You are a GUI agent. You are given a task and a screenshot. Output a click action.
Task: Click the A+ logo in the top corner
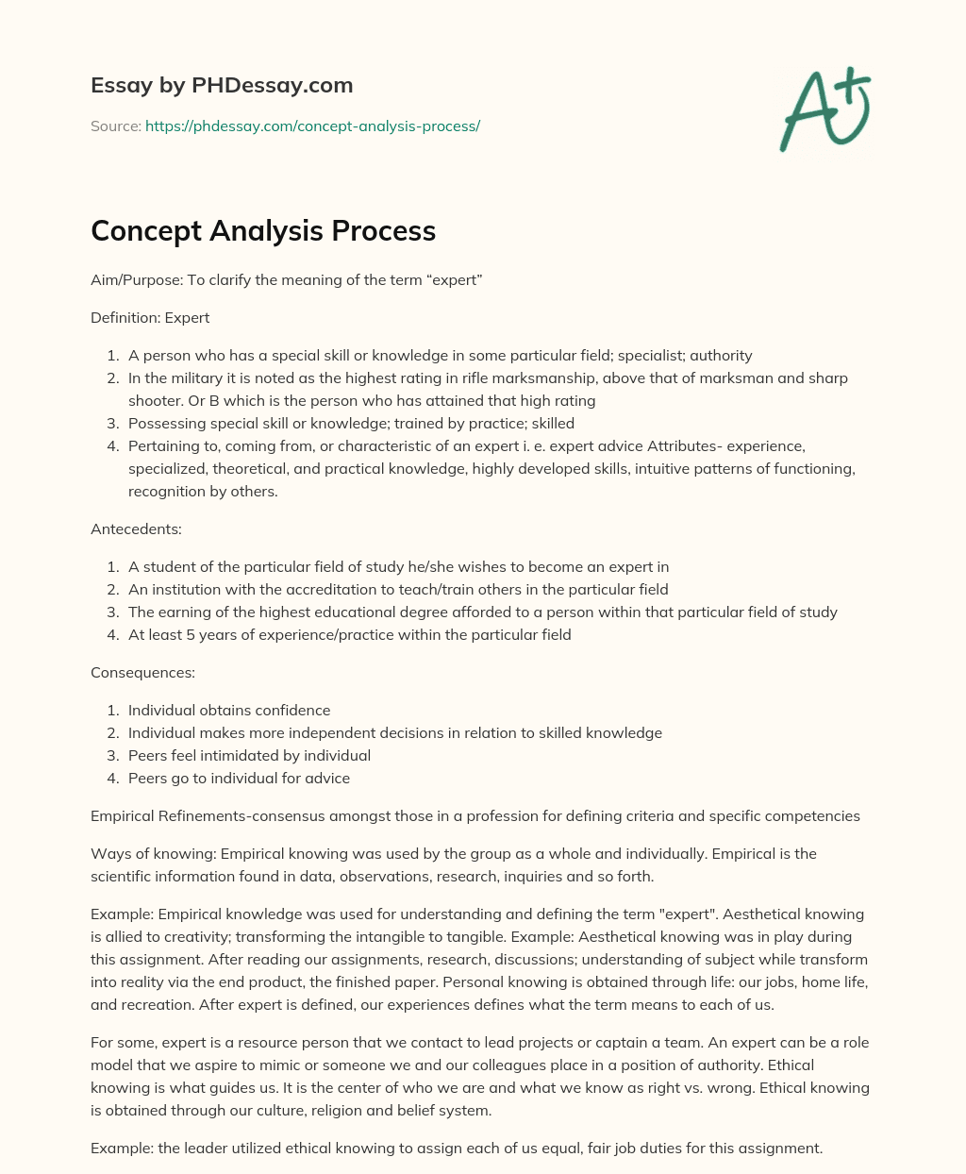point(824,109)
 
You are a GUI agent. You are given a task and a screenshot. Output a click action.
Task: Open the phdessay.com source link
point(312,126)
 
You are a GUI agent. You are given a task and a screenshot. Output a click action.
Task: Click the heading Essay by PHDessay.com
point(222,86)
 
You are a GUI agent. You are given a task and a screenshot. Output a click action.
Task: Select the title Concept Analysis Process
point(263,230)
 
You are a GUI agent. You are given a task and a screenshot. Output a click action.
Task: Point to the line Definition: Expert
point(150,318)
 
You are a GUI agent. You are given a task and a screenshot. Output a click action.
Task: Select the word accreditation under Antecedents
point(323,590)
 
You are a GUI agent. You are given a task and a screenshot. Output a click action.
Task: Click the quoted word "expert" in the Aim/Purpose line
point(457,280)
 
